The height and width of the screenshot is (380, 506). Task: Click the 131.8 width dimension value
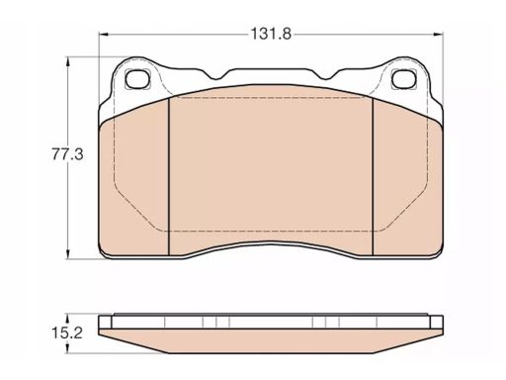(271, 34)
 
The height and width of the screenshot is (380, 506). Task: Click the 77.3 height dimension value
(68, 154)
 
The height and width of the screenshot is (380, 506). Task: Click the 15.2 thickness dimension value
(67, 332)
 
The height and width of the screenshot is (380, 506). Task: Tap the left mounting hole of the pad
(137, 79)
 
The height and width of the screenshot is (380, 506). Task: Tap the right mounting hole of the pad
(404, 79)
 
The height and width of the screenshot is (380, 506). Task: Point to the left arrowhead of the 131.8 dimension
(104, 34)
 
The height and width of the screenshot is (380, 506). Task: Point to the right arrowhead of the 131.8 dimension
(439, 34)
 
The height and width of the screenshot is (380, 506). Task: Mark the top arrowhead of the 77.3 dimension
(68, 61)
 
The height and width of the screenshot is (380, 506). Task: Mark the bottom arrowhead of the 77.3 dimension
(68, 254)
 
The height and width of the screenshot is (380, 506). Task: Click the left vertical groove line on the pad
(169, 176)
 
